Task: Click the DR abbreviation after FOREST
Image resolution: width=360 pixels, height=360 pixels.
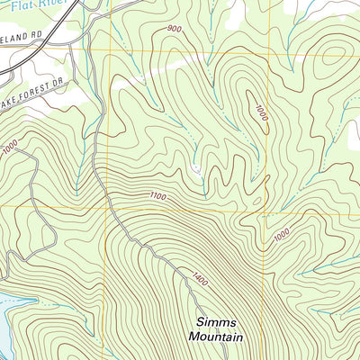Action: pos(61,107)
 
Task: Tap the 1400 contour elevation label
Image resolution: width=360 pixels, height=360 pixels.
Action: pos(199,279)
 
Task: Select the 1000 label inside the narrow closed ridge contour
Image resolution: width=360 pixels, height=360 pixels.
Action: pos(260,112)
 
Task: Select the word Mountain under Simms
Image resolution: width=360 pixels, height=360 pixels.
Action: pos(217,337)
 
